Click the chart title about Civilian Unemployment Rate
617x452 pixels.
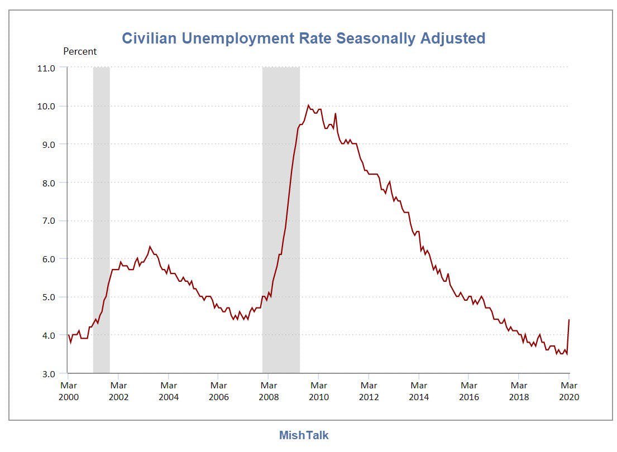coord(303,39)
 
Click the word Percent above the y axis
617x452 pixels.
coord(80,51)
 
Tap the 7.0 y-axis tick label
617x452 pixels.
coord(49,220)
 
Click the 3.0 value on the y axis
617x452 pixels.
coord(49,373)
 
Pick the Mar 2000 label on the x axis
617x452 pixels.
coord(68,391)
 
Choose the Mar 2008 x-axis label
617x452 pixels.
coord(269,391)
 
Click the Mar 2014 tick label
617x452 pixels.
coord(419,391)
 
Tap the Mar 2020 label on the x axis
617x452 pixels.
coord(569,391)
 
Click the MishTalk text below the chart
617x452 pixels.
coord(303,435)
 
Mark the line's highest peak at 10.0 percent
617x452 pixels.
coord(308,105)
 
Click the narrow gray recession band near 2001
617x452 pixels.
coord(101,220)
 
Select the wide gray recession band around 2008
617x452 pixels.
coord(281,220)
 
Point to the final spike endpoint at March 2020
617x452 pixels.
coord(568,320)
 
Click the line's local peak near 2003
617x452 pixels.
coord(150,247)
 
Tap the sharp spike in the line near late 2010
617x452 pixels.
coord(336,114)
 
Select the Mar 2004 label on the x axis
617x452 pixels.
coord(169,391)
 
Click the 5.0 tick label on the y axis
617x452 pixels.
coord(49,297)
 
